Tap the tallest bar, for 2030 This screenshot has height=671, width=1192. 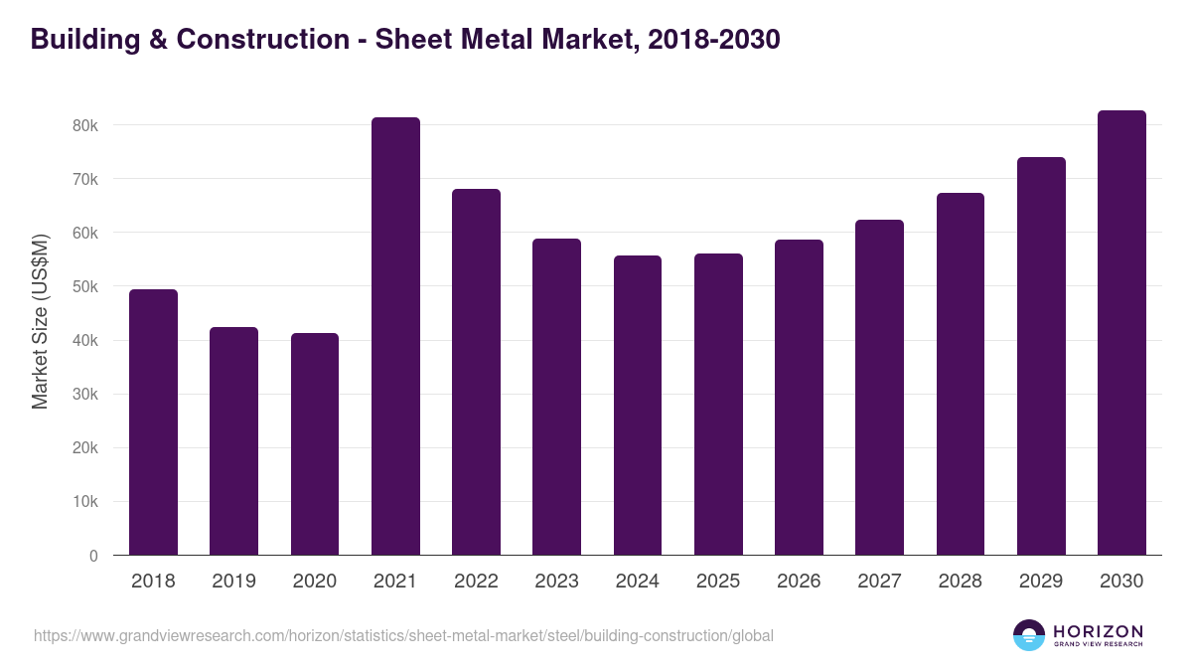tap(1121, 333)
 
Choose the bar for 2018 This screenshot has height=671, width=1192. tap(154, 422)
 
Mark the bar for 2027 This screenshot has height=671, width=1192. tap(879, 388)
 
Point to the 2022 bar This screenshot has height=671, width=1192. tap(476, 372)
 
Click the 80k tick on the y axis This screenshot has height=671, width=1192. tap(84, 126)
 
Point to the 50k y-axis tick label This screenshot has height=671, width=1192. tap(84, 287)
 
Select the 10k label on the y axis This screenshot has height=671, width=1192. tap(84, 502)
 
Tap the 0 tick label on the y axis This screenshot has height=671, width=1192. tap(93, 556)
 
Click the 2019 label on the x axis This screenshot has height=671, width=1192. tap(233, 582)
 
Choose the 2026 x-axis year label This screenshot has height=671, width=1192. tap(799, 582)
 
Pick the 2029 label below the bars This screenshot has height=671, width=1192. tap(1041, 582)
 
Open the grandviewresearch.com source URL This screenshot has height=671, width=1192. tap(403, 635)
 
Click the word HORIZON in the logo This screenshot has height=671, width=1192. tap(1098, 631)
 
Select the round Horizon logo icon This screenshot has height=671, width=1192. tap(1029, 635)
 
